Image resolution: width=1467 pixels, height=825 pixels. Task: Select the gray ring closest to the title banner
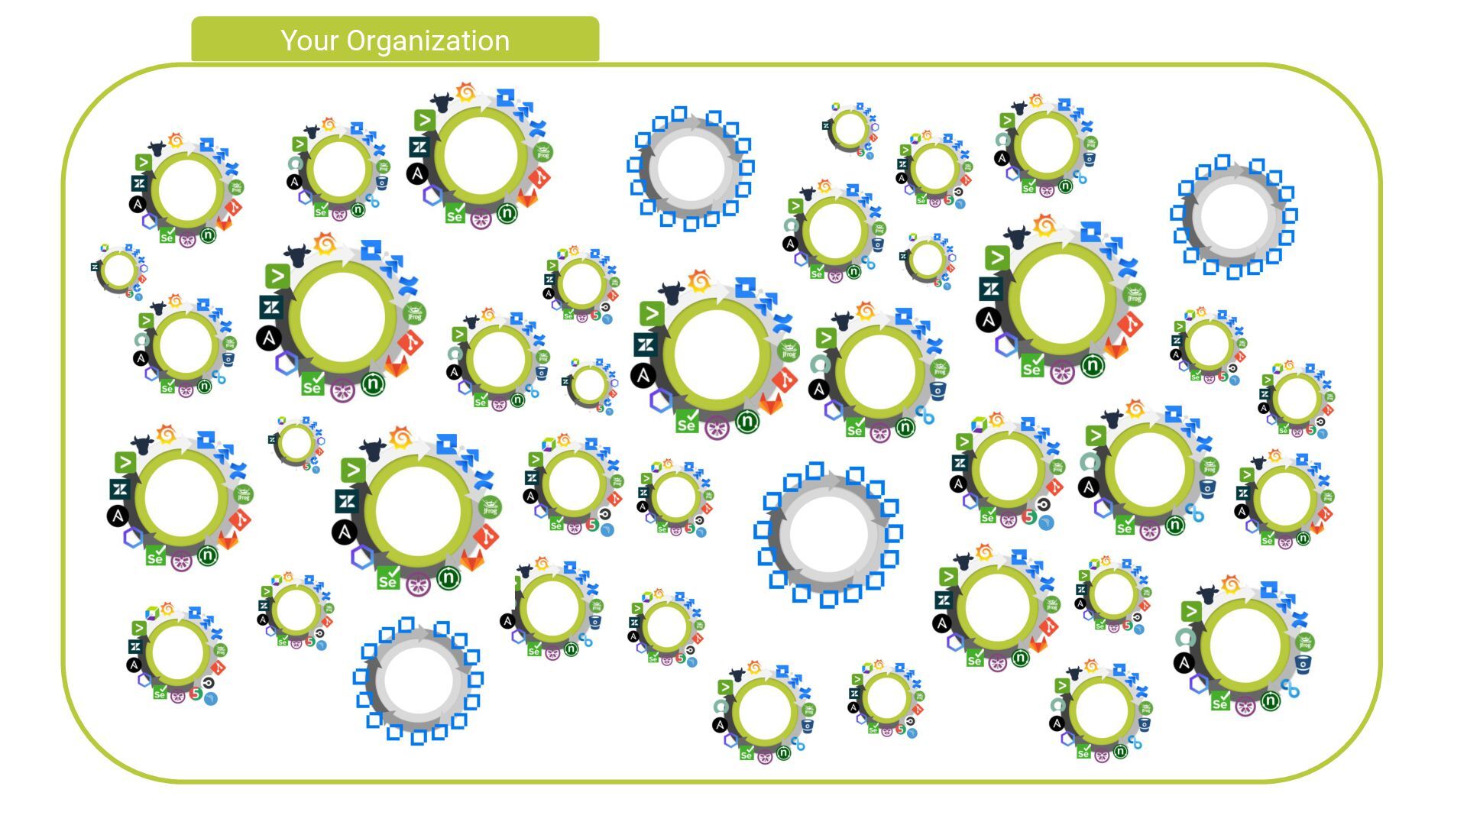[691, 169]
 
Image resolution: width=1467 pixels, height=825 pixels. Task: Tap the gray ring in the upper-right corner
[1234, 217]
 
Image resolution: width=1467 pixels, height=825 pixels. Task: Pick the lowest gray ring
[419, 680]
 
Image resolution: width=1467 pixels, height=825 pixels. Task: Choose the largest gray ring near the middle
[829, 534]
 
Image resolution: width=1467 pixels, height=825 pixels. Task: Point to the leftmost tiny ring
[118, 270]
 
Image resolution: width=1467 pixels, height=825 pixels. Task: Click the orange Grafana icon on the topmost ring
[465, 92]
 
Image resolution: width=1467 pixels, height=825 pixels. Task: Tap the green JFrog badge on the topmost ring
[543, 152]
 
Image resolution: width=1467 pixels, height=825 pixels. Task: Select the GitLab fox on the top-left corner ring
[226, 222]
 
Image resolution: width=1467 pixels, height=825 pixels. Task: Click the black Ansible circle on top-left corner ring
[138, 205]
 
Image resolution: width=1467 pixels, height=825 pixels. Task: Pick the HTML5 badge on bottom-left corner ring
[196, 694]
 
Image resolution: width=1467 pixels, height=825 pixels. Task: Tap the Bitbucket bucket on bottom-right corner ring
[1303, 663]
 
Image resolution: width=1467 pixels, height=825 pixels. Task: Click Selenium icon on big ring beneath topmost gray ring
[686, 422]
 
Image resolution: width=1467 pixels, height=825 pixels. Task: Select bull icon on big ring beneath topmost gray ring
[672, 293]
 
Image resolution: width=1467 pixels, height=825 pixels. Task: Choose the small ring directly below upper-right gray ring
[1209, 345]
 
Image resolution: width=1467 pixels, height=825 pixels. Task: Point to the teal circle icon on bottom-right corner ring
[1185, 638]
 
